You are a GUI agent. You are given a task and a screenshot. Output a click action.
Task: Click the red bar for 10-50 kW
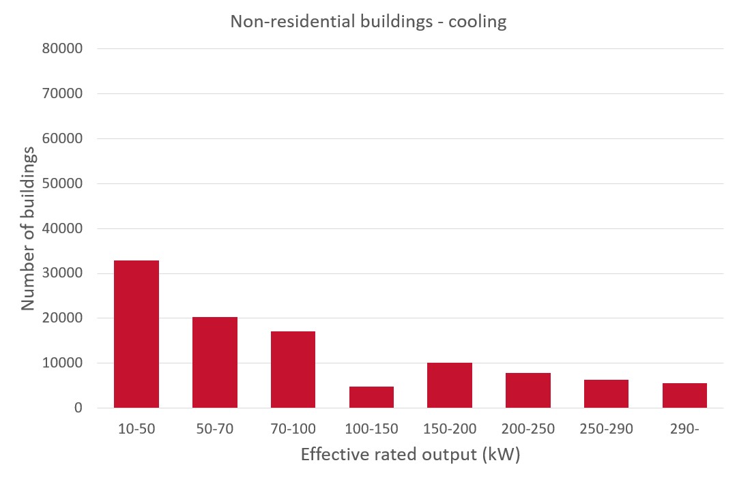click(136, 334)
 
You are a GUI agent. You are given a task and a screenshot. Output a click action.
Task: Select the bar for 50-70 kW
click(215, 362)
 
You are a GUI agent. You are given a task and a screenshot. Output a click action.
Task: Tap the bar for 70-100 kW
click(293, 370)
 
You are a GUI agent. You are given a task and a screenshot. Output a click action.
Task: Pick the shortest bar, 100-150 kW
click(371, 397)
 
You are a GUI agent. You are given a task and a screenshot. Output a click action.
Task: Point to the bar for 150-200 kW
click(450, 385)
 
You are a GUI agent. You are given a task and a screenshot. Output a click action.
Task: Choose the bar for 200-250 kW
click(528, 391)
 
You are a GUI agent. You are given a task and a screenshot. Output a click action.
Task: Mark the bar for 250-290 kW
click(606, 394)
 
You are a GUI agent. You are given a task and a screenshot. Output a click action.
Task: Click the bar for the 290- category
click(684, 395)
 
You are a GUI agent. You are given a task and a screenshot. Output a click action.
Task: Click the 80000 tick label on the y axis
click(63, 49)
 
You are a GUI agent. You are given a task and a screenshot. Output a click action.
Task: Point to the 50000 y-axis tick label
click(63, 184)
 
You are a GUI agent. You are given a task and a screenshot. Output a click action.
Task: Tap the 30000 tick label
click(63, 273)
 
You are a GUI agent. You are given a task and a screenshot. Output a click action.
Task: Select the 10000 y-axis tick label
click(63, 363)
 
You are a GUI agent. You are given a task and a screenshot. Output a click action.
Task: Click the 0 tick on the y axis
click(78, 408)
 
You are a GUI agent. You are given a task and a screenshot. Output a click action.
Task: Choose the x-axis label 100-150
click(371, 429)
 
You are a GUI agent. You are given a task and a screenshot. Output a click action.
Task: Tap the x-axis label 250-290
click(606, 429)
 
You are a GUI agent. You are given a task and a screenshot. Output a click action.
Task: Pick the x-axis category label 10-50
click(136, 429)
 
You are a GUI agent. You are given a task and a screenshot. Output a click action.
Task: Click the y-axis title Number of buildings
click(28, 228)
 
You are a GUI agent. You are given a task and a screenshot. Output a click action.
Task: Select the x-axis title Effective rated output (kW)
click(410, 455)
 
